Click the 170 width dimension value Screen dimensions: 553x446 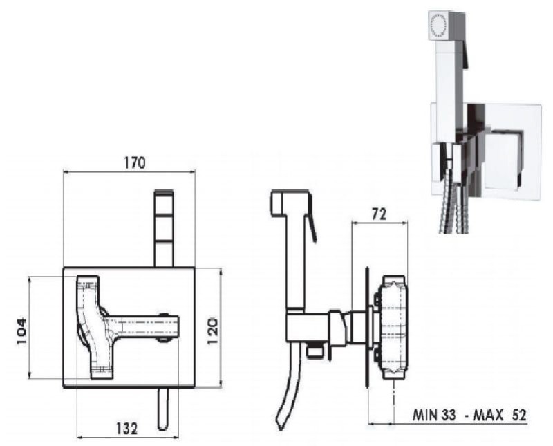pos(134,162)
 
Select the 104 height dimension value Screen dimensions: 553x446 pos(21,332)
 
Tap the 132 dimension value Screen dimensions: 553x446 pos(126,428)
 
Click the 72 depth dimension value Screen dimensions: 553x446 pos(379,214)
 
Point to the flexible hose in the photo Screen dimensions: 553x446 pos(454,208)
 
